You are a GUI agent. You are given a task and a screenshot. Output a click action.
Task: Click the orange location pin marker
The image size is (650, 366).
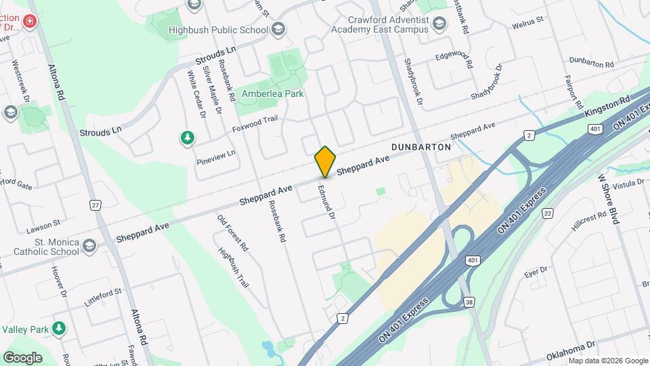(x=325, y=161)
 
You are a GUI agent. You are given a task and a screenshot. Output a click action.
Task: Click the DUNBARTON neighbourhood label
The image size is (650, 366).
(x=421, y=146)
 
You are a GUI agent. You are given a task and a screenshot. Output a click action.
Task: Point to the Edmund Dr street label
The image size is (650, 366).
(x=326, y=202)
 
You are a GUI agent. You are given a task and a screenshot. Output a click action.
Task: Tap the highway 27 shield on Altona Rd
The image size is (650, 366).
(x=95, y=205)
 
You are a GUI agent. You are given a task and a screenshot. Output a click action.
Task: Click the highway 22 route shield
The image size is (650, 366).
(x=547, y=213)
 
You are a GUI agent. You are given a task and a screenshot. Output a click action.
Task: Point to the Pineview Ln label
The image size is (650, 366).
(x=216, y=157)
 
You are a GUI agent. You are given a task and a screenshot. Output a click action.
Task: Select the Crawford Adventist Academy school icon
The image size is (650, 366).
(x=440, y=25)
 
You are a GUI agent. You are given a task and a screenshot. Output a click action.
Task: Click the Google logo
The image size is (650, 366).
(x=22, y=357)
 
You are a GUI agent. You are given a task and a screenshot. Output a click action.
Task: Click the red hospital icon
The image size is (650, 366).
(x=29, y=22)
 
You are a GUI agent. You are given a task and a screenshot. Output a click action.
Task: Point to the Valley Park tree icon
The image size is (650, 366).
(x=60, y=329)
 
